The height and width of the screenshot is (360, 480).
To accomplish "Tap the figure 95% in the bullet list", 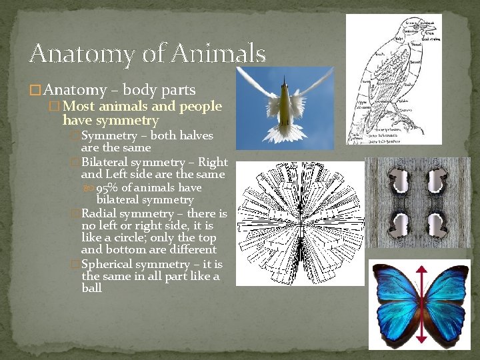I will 109,188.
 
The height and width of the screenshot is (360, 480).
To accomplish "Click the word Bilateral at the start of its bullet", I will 106,162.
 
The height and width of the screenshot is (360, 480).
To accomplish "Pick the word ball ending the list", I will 91,289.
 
